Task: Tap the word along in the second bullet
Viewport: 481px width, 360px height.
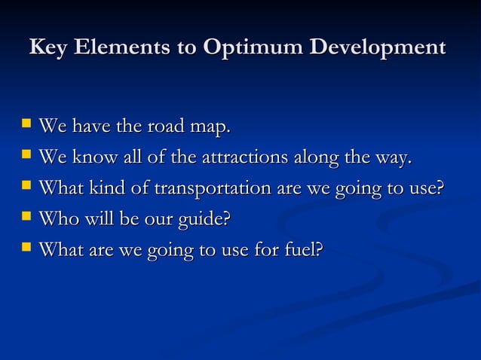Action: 314,158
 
